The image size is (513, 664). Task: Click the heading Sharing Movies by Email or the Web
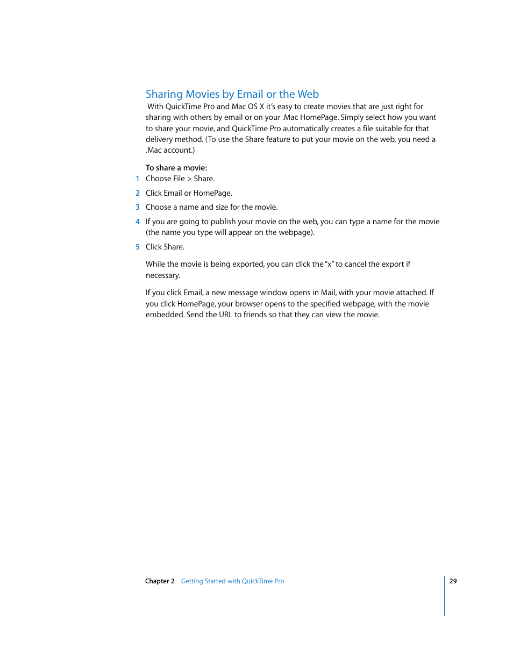(x=232, y=94)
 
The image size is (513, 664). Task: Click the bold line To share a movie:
(x=176, y=168)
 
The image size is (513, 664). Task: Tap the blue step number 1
(x=138, y=179)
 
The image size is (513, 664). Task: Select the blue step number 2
(x=138, y=193)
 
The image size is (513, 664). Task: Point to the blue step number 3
(x=138, y=207)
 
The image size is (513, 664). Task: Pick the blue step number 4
(x=138, y=222)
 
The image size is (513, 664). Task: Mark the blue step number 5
(x=138, y=247)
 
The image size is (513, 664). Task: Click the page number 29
(x=453, y=581)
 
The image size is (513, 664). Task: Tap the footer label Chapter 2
(x=160, y=581)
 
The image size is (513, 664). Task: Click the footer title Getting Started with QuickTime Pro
(x=232, y=581)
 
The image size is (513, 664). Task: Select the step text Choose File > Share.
(x=180, y=179)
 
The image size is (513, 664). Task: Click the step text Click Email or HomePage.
(x=189, y=193)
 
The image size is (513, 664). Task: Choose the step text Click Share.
(x=165, y=247)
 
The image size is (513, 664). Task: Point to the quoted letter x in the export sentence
(x=330, y=265)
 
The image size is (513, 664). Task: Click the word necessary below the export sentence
(x=162, y=276)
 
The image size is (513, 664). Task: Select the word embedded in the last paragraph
(x=165, y=315)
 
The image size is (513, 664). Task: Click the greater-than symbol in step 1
(x=189, y=179)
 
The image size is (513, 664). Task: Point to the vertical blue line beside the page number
(x=445, y=596)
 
